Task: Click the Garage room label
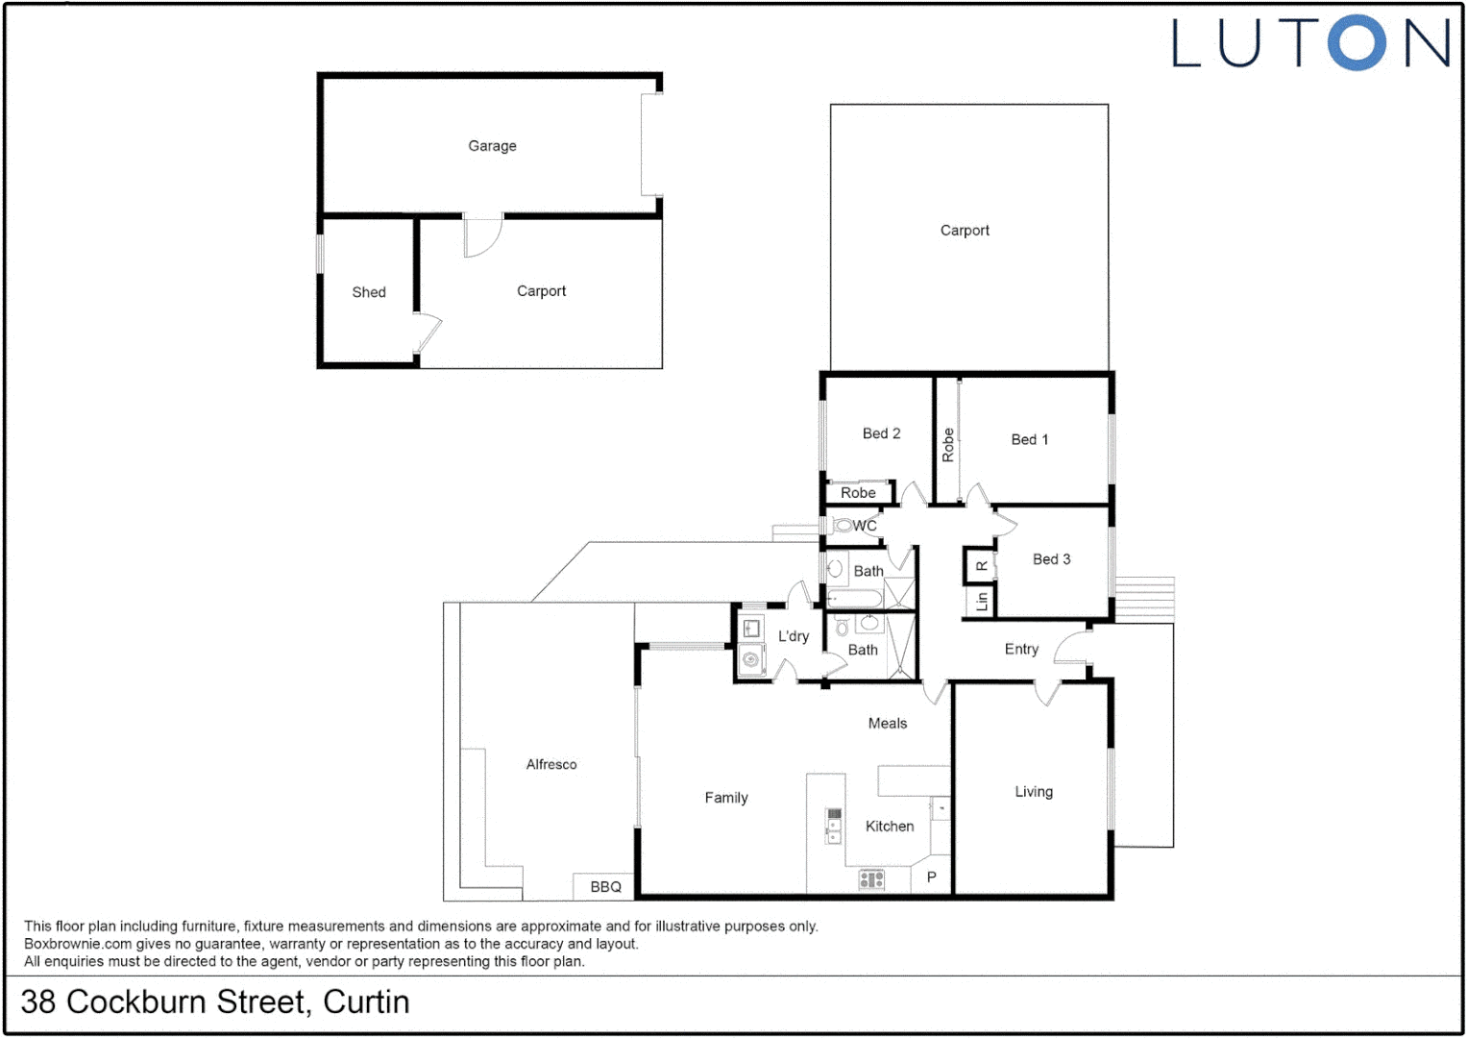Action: coord(492,146)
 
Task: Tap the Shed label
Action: coord(369,292)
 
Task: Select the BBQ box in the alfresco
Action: coord(605,886)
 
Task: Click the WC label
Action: coord(865,526)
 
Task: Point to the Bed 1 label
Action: coord(1029,439)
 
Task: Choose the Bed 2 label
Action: coord(881,433)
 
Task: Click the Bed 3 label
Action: coord(1051,559)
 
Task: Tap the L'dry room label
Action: coord(794,636)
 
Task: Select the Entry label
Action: coord(1021,650)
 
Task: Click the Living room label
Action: coord(1034,792)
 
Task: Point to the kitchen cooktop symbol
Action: coord(871,878)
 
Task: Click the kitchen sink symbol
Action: coord(834,826)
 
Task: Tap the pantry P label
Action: coord(931,877)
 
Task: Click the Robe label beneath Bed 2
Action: coord(858,493)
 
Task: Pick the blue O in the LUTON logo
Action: coord(1357,43)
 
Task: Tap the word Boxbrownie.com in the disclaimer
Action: coord(78,944)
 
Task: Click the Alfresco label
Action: coord(551,765)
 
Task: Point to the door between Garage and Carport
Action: coord(482,236)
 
